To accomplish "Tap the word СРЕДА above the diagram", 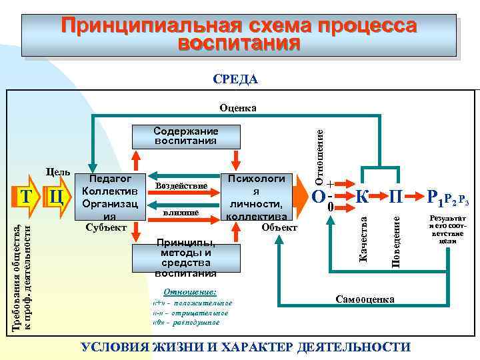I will point(235,79).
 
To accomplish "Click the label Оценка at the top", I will point(238,107).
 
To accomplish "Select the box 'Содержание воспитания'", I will point(185,136).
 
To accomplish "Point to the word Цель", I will point(58,172).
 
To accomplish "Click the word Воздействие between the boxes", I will point(181,185).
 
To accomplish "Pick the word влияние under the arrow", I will point(181,212).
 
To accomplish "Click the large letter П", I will point(397,197).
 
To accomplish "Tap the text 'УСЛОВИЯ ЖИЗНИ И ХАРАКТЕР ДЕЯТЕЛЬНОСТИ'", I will point(245,347).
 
